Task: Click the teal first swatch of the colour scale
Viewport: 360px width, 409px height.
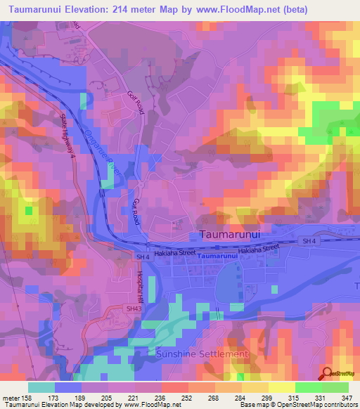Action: (x=42, y=387)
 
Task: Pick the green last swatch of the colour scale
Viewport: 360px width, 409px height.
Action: (x=335, y=387)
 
